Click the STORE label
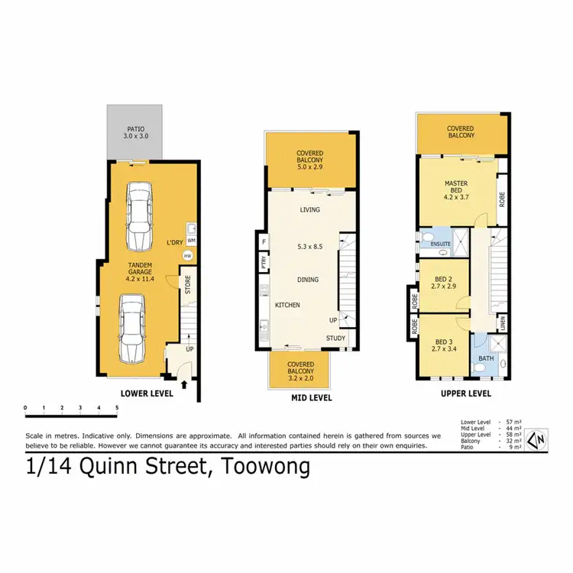pyautogui.click(x=187, y=283)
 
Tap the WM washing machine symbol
pyautogui.click(x=191, y=240)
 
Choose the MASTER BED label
pyautogui.click(x=455, y=187)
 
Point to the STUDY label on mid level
pyautogui.click(x=336, y=338)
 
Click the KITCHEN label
pyautogui.click(x=287, y=306)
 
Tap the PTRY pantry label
pyautogui.click(x=263, y=262)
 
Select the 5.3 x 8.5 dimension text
pyautogui.click(x=309, y=246)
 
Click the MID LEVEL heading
pyautogui.click(x=310, y=398)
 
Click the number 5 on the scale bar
pyautogui.click(x=116, y=407)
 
